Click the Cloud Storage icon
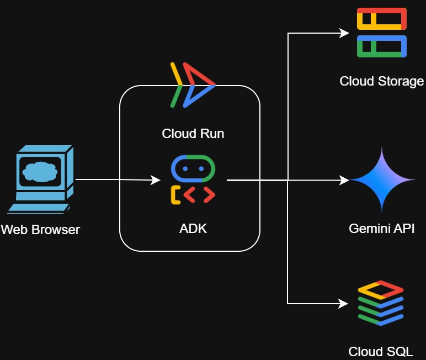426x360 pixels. pyautogui.click(x=381, y=33)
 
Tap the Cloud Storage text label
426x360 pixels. pyautogui.click(x=381, y=82)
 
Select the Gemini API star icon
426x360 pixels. pyautogui.click(x=382, y=180)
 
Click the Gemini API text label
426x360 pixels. pyautogui.click(x=381, y=229)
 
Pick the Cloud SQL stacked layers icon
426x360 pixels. pyautogui.click(x=381, y=303)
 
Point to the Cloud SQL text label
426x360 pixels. pyautogui.click(x=380, y=352)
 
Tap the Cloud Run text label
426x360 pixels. pyautogui.click(x=193, y=134)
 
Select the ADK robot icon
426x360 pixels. pyautogui.click(x=193, y=180)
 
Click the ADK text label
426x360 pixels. pyautogui.click(x=193, y=229)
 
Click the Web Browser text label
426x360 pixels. pyautogui.click(x=40, y=230)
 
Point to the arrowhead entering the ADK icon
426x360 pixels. pyautogui.click(x=156, y=180)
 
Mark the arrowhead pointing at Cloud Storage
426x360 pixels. pyautogui.click(x=344, y=33)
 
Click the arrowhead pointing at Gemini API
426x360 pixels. pyautogui.click(x=344, y=180)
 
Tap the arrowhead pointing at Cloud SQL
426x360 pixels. pyautogui.click(x=344, y=303)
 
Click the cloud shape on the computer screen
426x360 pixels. pyautogui.click(x=38, y=173)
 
